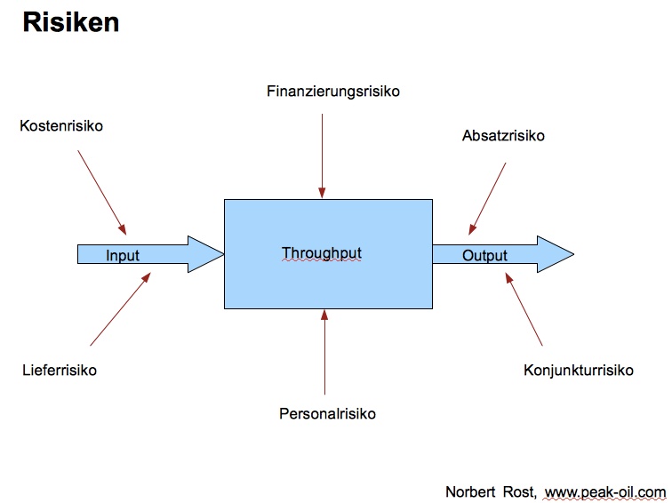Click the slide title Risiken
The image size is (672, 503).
[70, 23]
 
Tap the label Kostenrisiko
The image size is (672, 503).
[61, 126]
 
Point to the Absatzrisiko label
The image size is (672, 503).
[503, 136]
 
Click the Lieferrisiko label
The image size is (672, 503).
[60, 370]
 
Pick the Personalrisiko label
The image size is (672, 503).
[327, 414]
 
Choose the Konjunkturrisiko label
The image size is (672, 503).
[579, 370]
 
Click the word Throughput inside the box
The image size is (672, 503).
[322, 253]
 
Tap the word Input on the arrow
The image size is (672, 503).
[123, 256]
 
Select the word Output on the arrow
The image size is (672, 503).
[484, 256]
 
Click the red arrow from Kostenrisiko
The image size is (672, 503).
[102, 191]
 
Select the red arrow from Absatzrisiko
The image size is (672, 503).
[488, 197]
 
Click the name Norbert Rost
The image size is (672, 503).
[490, 491]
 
